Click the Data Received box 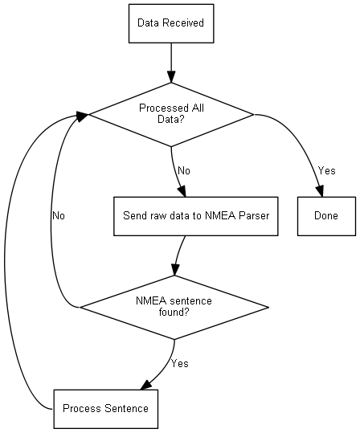[171, 23]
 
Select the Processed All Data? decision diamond [171, 115]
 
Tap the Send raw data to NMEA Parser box [196, 216]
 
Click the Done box [326, 216]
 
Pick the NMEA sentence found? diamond [174, 308]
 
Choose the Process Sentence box [106, 409]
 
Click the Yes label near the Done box [326, 170]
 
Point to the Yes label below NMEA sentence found [179, 363]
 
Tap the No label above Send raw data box [184, 170]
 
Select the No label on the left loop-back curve [59, 215]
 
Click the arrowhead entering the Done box [320, 191]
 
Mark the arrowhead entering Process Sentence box [146, 384]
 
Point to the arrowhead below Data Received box [171, 77]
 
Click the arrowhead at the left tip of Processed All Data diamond [82, 116]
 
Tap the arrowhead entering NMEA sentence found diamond [175, 270]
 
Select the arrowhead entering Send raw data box [182, 191]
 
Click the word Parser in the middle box [254, 215]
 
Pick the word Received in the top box [183, 23]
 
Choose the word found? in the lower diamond [174, 312]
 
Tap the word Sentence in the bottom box [126, 408]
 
